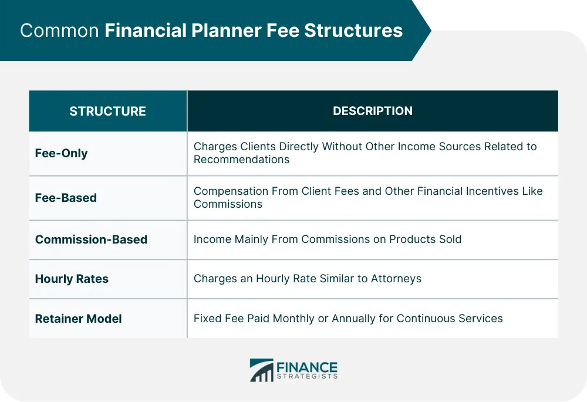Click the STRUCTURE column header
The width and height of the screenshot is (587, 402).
click(107, 111)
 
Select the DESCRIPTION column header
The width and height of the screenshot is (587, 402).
click(372, 111)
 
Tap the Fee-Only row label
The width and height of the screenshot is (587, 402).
click(61, 153)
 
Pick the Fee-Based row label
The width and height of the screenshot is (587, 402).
click(66, 198)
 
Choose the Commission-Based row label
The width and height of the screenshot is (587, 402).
click(91, 239)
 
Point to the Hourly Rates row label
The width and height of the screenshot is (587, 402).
click(72, 279)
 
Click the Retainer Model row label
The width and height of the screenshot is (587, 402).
click(78, 319)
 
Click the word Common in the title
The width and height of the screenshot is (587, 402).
click(59, 31)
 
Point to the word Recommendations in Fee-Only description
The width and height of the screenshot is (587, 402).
click(241, 160)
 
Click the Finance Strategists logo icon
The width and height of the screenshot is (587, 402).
click(261, 370)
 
